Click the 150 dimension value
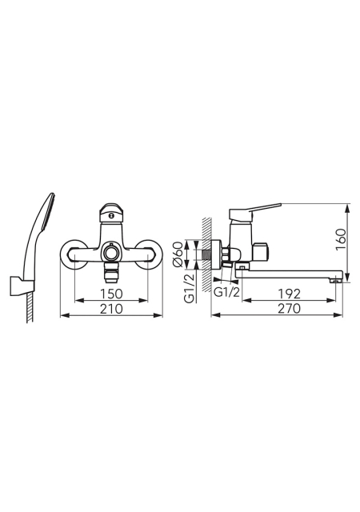(x=111, y=294)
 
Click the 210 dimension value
(x=111, y=309)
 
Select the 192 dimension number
(x=290, y=294)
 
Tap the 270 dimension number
(x=290, y=309)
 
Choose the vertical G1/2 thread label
(x=190, y=288)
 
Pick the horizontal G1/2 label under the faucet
(x=226, y=292)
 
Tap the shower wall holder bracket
(x=22, y=286)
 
